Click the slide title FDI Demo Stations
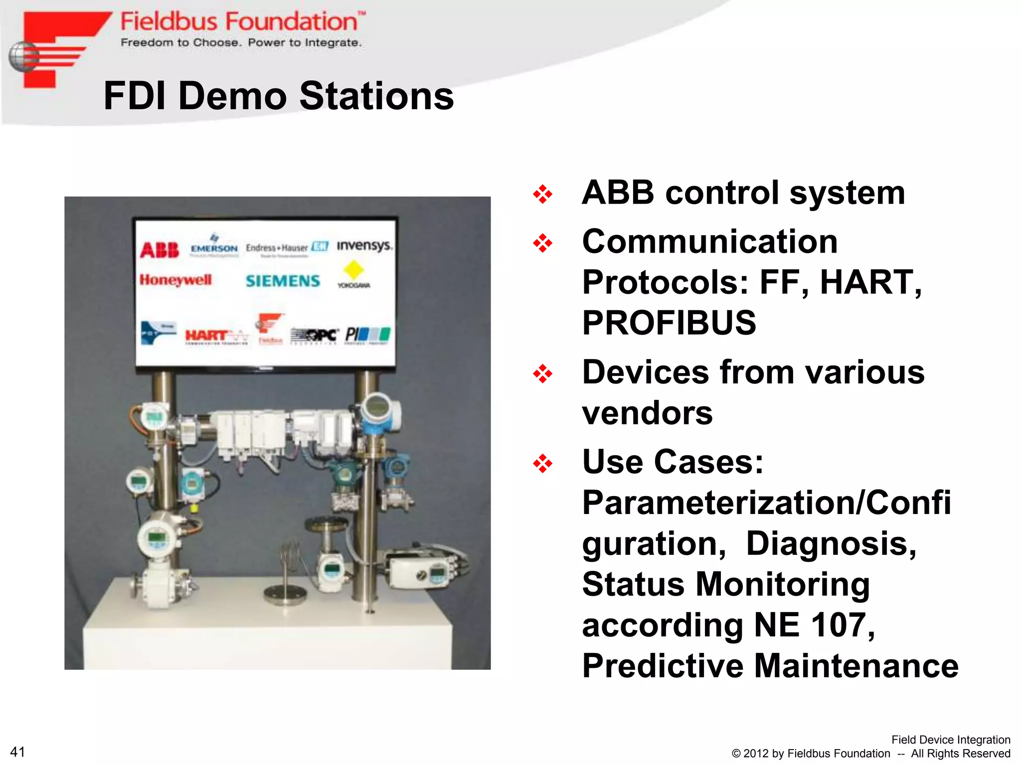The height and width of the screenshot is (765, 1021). pos(278,96)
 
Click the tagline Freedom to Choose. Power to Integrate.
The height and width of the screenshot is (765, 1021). pos(241,43)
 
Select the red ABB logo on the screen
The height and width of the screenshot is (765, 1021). pos(159,250)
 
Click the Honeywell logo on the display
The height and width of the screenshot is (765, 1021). pos(175,280)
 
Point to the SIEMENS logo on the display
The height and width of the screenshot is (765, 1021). pos(283,281)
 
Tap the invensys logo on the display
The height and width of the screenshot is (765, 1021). pos(364,246)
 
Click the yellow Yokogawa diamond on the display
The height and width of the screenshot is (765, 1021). pos(353,269)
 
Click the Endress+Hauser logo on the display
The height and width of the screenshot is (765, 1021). pos(286,248)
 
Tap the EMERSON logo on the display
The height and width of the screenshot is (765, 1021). pos(214,248)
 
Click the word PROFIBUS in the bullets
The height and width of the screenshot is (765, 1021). pos(669,323)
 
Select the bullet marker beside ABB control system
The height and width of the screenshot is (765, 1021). pos(542,194)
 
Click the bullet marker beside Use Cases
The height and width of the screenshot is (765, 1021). pos(542,463)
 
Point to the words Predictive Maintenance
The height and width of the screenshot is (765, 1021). pos(770,665)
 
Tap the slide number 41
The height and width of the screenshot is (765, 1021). pos(17,752)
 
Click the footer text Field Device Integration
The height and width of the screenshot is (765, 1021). pos(950,740)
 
